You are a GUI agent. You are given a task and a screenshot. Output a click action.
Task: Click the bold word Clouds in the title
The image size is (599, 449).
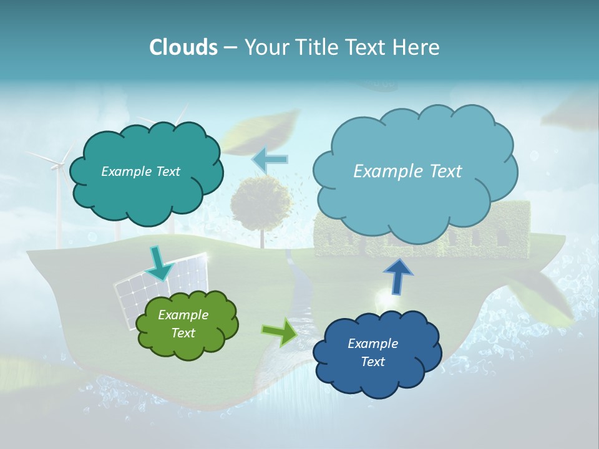[183, 47]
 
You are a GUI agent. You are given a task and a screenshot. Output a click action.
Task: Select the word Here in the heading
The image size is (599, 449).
[417, 47]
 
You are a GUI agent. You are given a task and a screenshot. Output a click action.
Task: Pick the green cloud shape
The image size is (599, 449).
[187, 324]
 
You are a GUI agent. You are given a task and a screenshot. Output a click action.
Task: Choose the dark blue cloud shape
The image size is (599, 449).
[376, 353]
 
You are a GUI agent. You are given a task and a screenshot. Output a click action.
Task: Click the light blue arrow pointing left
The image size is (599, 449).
[270, 160]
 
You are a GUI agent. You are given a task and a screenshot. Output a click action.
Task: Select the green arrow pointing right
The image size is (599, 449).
[280, 332]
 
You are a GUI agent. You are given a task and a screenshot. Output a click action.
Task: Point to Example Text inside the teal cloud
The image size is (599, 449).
[140, 171]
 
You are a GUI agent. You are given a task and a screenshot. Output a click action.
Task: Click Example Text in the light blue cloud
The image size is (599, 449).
[407, 171]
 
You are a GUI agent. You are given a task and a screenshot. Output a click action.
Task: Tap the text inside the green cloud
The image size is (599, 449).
[183, 324]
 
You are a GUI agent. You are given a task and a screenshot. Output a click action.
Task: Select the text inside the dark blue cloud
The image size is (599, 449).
[373, 353]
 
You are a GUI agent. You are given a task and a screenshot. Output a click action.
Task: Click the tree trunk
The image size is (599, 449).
[261, 238]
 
